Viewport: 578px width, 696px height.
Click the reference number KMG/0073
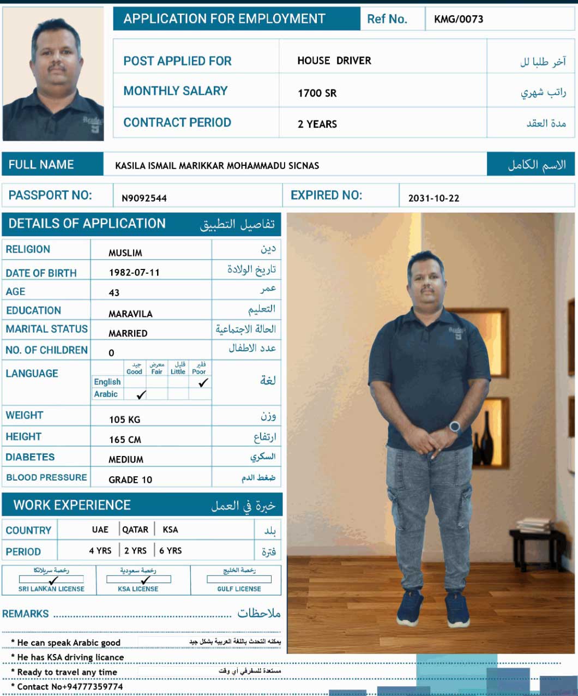coord(459,20)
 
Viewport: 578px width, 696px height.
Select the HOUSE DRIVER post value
coord(334,61)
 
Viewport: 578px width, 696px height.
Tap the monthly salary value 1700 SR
coord(317,93)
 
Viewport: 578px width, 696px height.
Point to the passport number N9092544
coord(144,199)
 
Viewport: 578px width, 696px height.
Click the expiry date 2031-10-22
coord(433,199)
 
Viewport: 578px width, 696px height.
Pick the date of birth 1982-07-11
coord(134,273)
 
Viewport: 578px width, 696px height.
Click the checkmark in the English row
coord(203,383)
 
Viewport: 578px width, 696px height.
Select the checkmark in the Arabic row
coord(141,395)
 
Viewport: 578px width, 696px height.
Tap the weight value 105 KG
coord(124,419)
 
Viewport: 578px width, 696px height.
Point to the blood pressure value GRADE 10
coord(130,480)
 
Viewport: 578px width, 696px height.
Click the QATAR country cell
coord(135,530)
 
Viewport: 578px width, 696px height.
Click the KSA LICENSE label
coord(138,589)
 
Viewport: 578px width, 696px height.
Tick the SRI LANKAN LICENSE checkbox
coord(52,579)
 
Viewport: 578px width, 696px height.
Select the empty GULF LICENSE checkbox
coord(239,579)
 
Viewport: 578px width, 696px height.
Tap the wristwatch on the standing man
coord(455,427)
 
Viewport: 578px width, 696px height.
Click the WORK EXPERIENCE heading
coord(72,506)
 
